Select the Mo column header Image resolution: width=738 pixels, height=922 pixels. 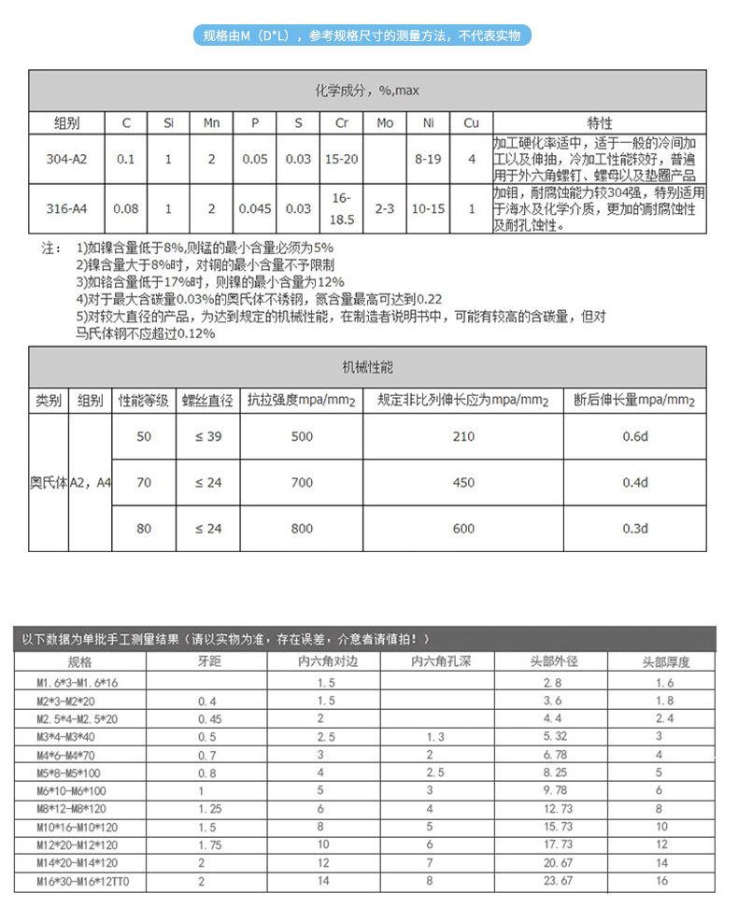click(x=385, y=123)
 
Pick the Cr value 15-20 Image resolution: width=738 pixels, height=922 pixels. click(x=341, y=159)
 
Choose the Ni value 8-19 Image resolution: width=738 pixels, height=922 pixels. click(x=428, y=159)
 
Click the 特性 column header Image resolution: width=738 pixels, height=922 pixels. click(x=599, y=123)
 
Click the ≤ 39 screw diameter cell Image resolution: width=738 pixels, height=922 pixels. click(x=207, y=436)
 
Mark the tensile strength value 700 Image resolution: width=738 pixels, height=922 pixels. click(x=302, y=483)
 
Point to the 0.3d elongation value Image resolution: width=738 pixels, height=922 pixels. click(x=635, y=529)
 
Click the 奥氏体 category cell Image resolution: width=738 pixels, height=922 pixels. click(x=48, y=483)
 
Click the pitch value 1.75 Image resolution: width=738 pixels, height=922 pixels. click(x=208, y=845)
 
